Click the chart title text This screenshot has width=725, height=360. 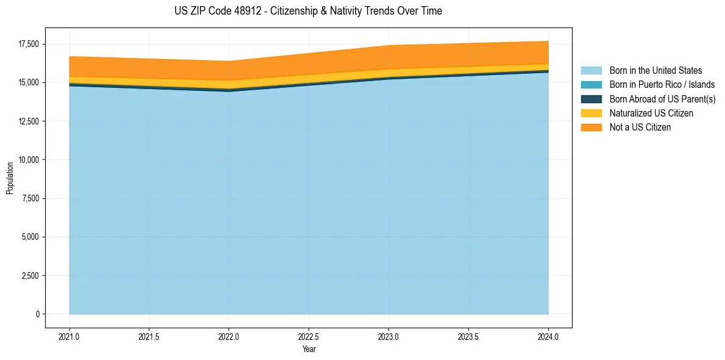[308, 11]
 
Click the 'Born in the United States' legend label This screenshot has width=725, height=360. [655, 71]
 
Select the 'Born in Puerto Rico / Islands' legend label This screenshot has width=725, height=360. [662, 85]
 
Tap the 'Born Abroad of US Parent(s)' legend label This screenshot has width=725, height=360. [662, 99]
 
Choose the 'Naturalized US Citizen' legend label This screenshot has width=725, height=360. [651, 113]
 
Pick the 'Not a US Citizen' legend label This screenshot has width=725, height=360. [640, 127]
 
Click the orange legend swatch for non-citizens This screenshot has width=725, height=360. [591, 127]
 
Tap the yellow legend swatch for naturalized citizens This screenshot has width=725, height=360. [591, 113]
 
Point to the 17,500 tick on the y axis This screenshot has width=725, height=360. [29, 45]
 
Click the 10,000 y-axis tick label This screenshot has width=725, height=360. [29, 160]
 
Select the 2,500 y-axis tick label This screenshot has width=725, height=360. [30, 276]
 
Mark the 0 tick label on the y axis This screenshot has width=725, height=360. [37, 314]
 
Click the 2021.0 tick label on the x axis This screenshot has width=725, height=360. [70, 336]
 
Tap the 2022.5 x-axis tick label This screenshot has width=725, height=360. [309, 336]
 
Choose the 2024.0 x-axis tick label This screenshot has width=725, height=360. [548, 336]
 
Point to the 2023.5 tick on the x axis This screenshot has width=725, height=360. [468, 336]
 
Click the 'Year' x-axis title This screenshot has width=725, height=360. [309, 349]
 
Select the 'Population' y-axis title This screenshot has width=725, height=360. [10, 178]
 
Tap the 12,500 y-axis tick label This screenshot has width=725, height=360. [29, 121]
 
